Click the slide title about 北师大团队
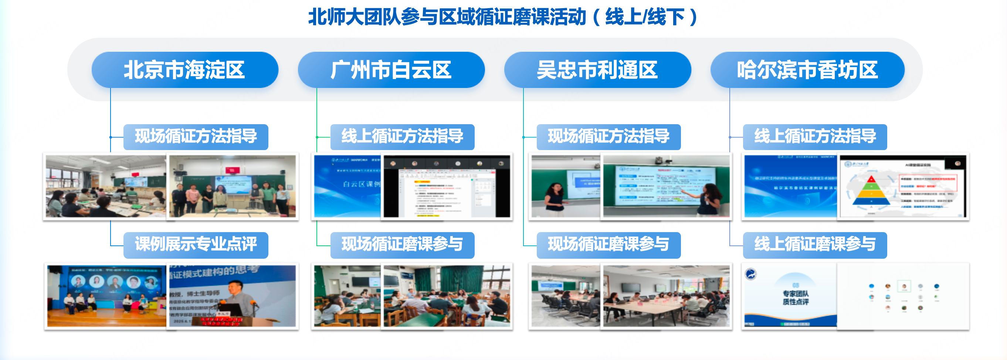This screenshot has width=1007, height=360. point(503,17)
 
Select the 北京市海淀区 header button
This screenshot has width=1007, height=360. point(184,70)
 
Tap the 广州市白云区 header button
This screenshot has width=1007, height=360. point(391,70)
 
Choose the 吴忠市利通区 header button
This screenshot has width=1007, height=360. point(597,70)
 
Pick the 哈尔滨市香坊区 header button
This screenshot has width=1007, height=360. point(807,70)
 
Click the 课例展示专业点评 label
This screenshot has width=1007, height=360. point(196,245)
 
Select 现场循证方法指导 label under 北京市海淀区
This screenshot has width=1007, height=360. point(196,136)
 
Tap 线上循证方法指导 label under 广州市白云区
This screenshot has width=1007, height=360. point(402,136)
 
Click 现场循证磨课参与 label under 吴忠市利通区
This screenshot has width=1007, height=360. point(608,245)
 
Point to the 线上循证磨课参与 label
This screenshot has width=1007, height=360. point(815,245)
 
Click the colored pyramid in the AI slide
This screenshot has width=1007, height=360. point(871,191)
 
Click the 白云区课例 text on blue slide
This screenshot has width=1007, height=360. point(361,184)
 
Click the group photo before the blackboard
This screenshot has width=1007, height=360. point(232,187)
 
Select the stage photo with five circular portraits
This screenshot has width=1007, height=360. point(106,296)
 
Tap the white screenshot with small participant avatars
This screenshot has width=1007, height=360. point(903,296)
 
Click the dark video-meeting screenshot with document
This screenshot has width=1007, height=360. point(447,187)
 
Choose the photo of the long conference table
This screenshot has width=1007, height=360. point(666,296)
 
